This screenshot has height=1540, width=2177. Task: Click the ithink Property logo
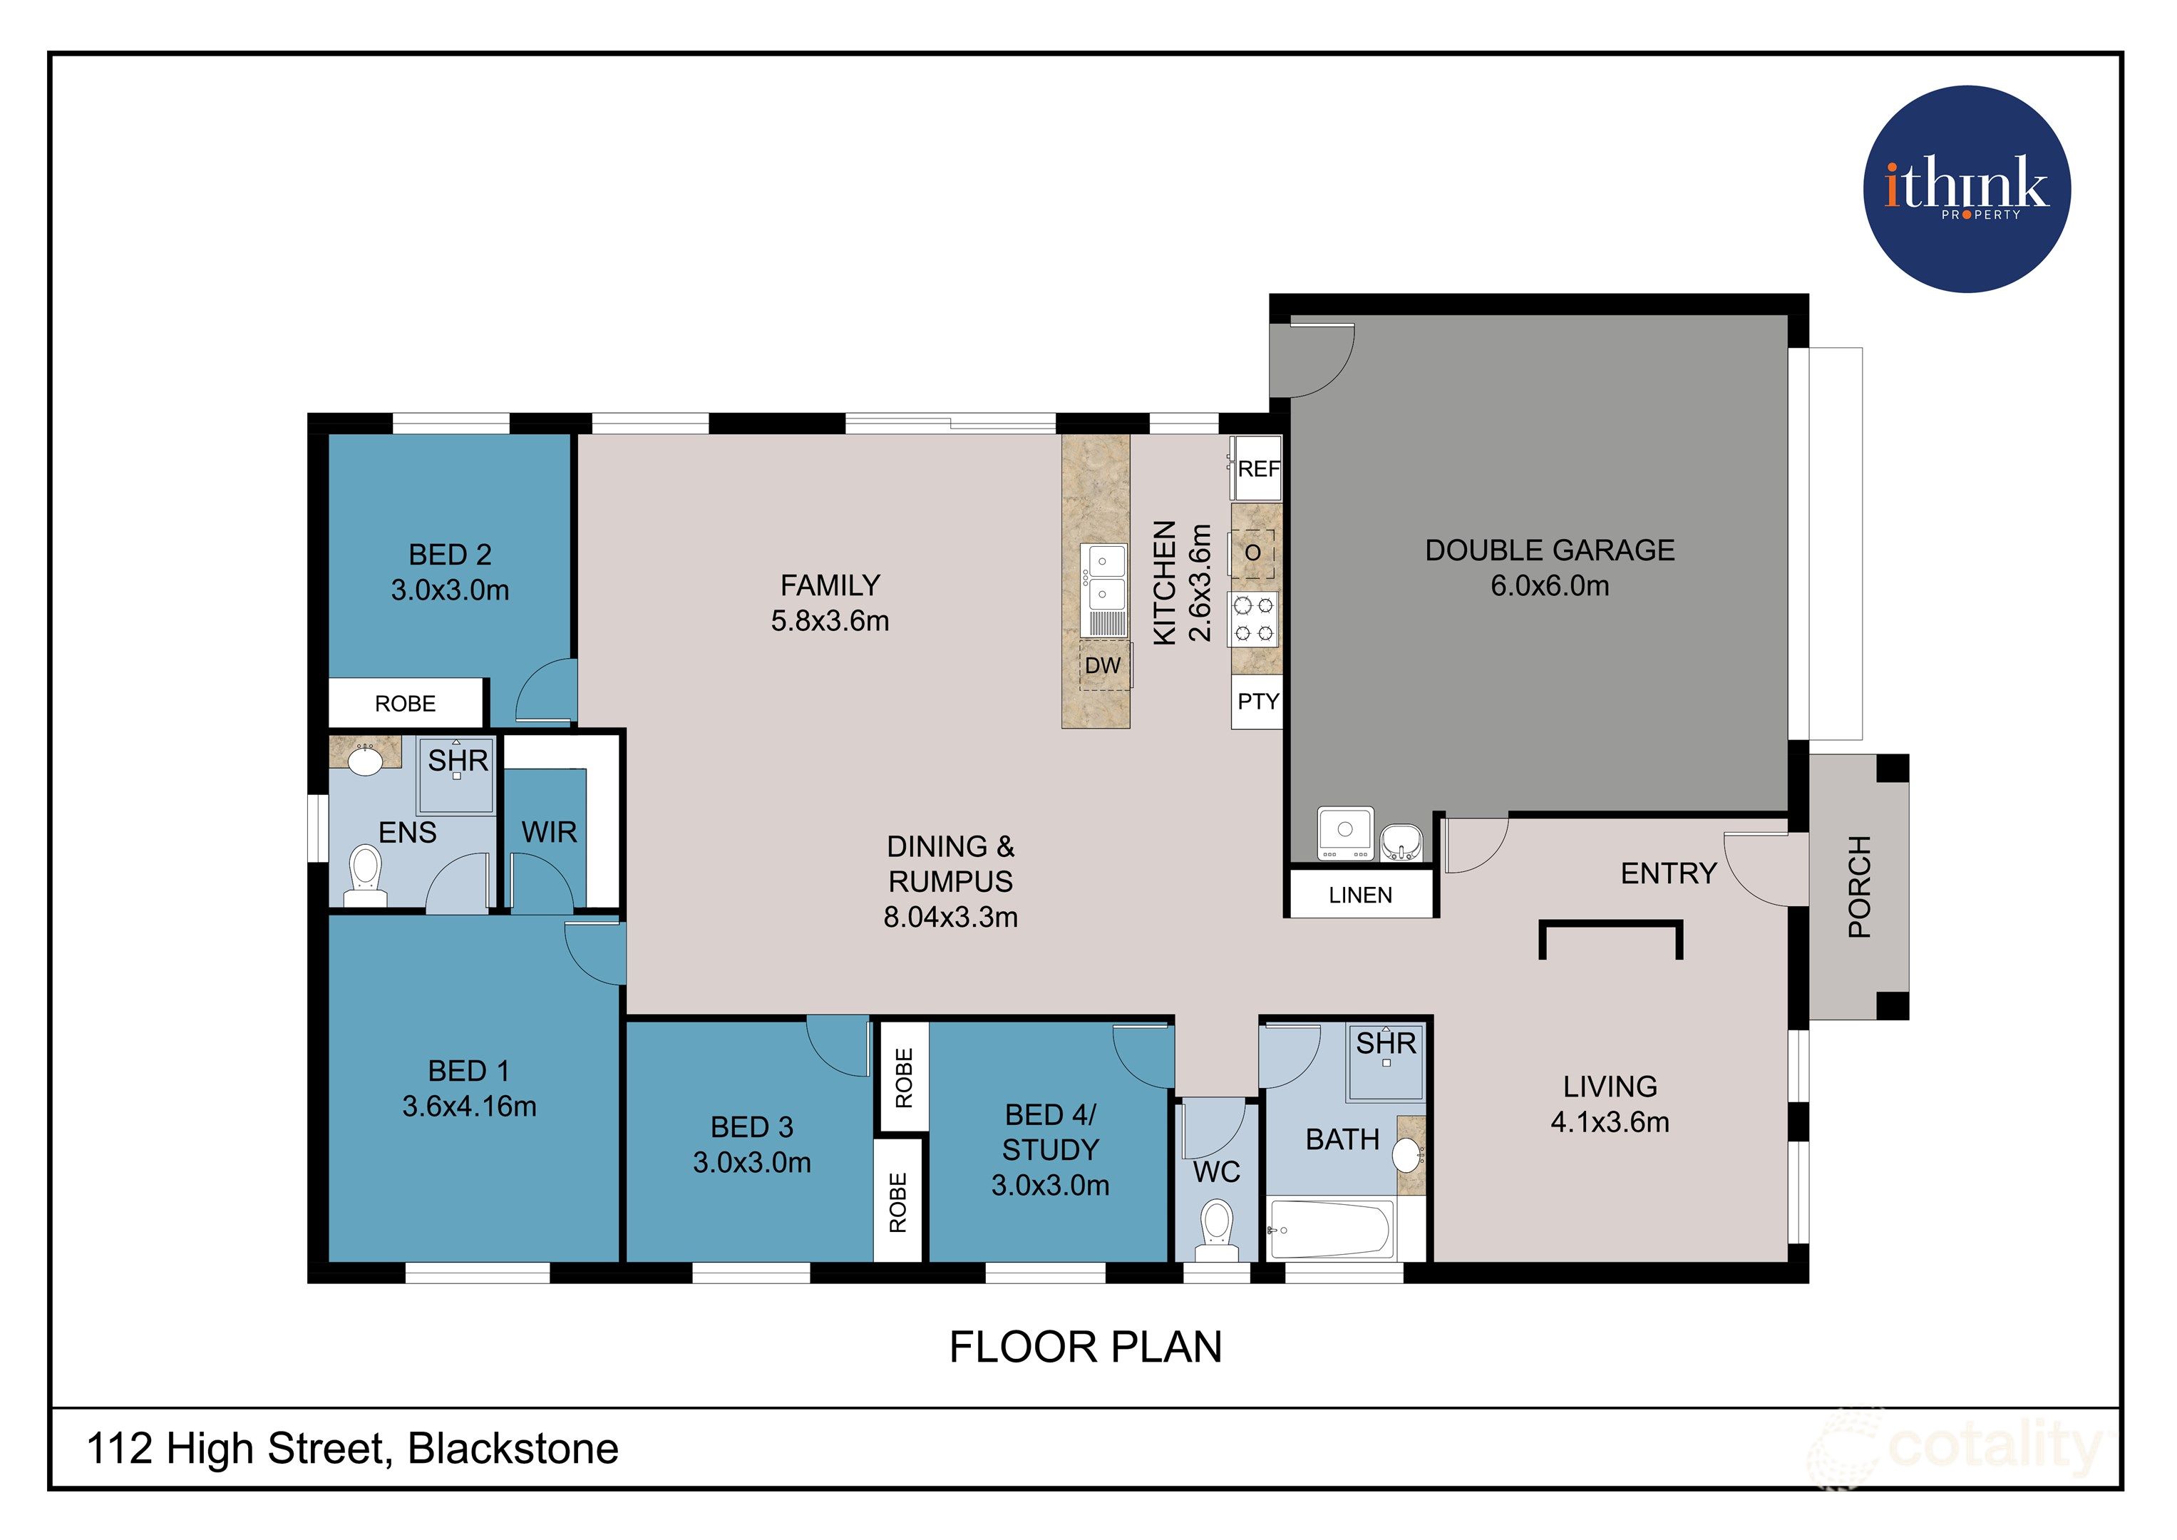click(x=1967, y=189)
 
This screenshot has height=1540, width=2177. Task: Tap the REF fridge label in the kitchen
click(x=1258, y=468)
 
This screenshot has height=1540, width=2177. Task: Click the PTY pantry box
click(x=1257, y=702)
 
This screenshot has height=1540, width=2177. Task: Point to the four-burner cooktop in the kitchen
click(x=1253, y=618)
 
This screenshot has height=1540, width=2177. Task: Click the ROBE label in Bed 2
click(x=405, y=704)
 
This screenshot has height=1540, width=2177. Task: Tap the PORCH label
click(x=1859, y=887)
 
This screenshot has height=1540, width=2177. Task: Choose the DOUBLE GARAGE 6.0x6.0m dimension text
click(x=1549, y=586)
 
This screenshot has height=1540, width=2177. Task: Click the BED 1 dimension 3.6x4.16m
click(x=469, y=1107)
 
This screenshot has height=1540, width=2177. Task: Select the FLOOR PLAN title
click(x=1086, y=1347)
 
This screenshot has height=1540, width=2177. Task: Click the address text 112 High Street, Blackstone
click(x=353, y=1449)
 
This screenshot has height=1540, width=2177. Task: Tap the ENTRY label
click(x=1669, y=873)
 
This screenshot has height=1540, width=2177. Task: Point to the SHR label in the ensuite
click(x=458, y=761)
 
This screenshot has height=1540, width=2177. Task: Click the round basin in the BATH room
click(x=1407, y=1155)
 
